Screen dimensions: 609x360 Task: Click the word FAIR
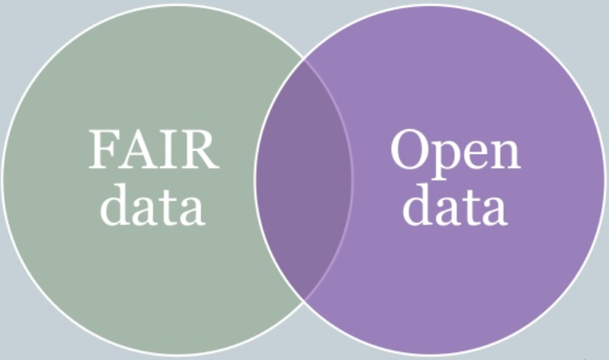154,149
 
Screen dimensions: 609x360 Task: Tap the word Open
456,154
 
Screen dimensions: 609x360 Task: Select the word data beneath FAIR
152,205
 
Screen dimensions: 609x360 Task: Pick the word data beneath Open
455,205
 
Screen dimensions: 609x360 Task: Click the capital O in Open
409,149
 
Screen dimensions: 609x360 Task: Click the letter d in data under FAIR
115,205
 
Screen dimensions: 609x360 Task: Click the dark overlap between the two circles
303,180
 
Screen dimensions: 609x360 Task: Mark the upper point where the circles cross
303,60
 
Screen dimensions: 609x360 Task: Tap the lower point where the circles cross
303,300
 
